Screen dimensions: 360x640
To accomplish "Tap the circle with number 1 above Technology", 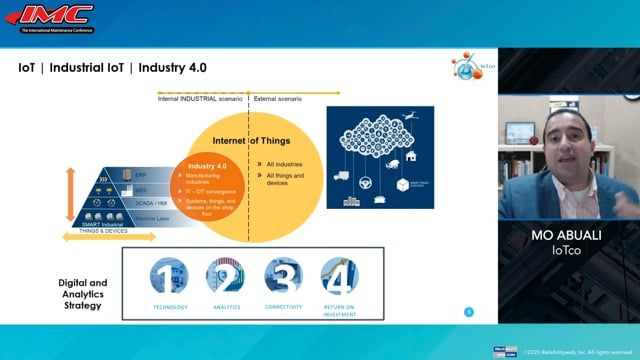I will click(169, 275).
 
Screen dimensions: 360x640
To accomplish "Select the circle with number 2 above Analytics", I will click(225, 275).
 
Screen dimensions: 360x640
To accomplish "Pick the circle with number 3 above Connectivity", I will click(283, 275).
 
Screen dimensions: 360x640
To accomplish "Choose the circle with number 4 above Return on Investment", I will click(340, 275).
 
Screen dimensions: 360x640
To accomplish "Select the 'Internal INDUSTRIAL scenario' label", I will click(200, 98).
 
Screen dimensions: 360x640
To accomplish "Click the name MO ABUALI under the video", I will click(568, 238).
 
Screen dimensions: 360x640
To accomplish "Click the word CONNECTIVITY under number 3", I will click(283, 308).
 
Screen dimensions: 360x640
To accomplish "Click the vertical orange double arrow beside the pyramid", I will click(70, 194).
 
